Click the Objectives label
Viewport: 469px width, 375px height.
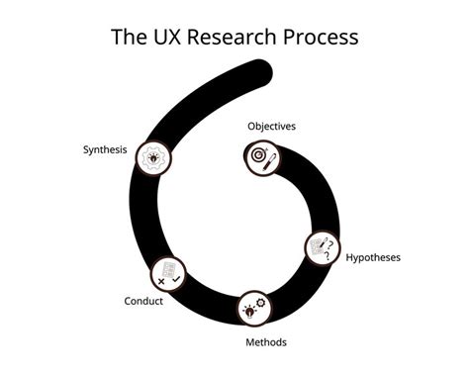point(271,127)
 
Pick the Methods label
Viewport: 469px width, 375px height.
point(266,342)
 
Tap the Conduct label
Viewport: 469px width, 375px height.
point(143,301)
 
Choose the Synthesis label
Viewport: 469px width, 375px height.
point(105,150)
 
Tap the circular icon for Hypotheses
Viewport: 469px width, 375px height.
point(322,247)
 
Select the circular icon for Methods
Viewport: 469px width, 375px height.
point(254,308)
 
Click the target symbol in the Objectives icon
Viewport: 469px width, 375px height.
point(259,155)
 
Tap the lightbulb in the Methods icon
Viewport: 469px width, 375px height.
point(248,311)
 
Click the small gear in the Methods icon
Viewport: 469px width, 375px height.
point(260,303)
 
